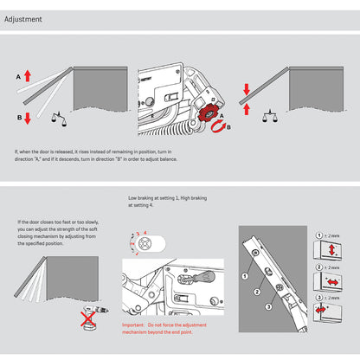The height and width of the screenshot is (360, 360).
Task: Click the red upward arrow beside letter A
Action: coord(28,77)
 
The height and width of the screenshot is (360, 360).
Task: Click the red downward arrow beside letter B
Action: coord(28,119)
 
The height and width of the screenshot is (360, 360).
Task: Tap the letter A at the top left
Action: coord(17,77)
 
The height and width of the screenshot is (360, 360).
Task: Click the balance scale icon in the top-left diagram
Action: coord(58,112)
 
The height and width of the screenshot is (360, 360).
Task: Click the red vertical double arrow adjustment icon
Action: coord(332,252)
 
